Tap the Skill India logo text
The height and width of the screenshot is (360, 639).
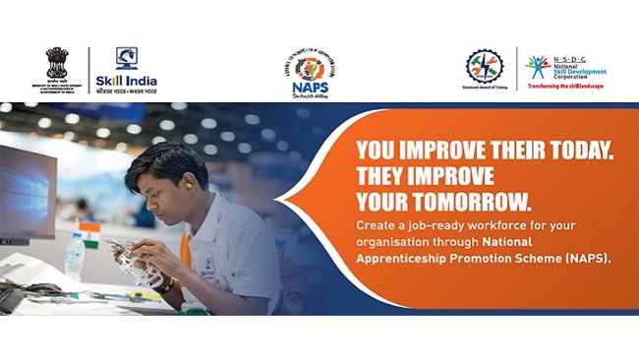pyautogui.click(x=126, y=81)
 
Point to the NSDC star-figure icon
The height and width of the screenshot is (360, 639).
pyautogui.click(x=536, y=66)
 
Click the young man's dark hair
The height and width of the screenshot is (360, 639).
pyautogui.click(x=162, y=157)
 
